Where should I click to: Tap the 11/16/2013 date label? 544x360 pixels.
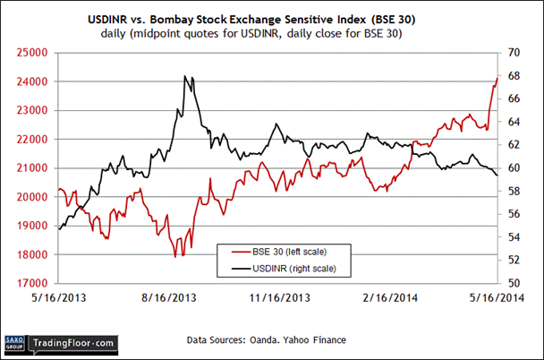(x=280, y=297)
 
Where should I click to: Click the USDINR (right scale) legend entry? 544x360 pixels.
(x=290, y=268)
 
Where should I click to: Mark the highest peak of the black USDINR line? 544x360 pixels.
(x=183, y=76)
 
